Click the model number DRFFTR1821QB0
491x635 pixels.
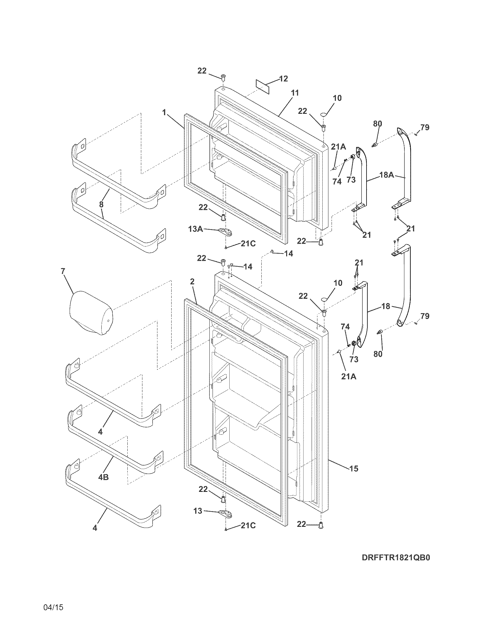point(396,566)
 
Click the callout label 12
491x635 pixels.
point(283,79)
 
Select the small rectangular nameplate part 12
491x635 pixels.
point(263,87)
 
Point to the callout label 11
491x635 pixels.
point(295,93)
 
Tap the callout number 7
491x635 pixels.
point(63,271)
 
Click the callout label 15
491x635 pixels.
point(354,468)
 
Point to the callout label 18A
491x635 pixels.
point(387,175)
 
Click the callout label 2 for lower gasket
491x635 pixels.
point(192,281)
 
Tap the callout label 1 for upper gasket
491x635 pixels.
point(164,112)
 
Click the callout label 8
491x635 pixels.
point(101,204)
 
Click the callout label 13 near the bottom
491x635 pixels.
point(198,511)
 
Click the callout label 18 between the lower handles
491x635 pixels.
point(386,306)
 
